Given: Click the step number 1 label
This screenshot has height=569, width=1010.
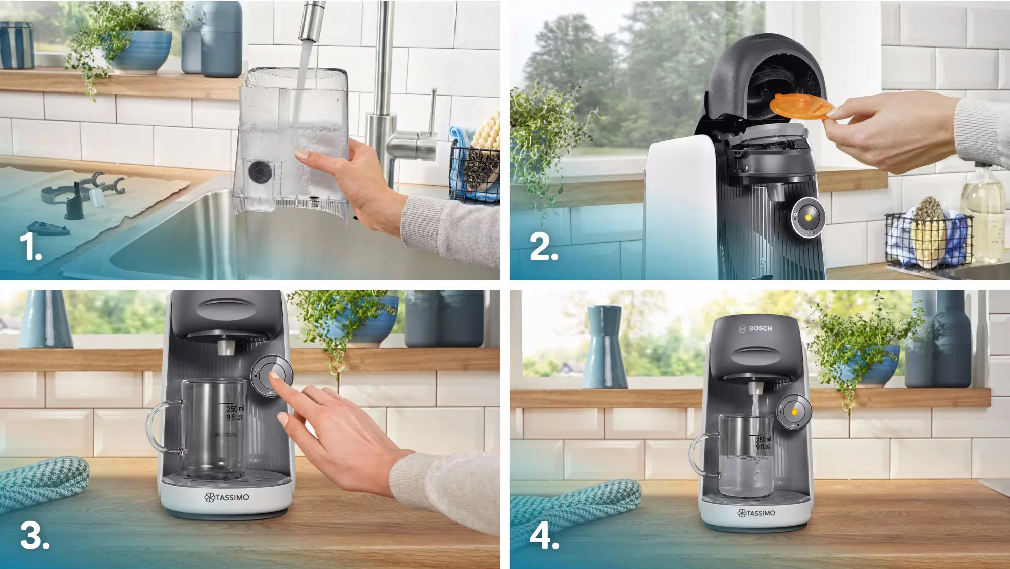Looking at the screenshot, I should tap(30, 248).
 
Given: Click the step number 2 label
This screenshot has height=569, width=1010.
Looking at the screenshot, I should tap(543, 248).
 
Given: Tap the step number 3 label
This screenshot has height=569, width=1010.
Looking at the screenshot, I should tap(34, 536).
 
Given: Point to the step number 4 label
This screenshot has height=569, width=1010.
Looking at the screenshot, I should tap(544, 536).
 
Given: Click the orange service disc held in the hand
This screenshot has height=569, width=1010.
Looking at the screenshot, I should tap(801, 107).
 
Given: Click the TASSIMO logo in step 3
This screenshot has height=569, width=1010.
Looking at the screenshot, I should tap(227, 497).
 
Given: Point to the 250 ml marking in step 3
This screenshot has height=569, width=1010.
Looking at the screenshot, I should tap(234, 409).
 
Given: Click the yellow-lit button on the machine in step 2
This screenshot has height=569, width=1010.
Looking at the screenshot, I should tap(808, 217).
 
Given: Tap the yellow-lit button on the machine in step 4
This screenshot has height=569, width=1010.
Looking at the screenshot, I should tap(794, 412).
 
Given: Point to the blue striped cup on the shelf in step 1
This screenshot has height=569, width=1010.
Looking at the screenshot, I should tap(17, 45).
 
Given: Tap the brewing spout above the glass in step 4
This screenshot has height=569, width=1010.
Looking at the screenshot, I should tap(755, 388).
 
